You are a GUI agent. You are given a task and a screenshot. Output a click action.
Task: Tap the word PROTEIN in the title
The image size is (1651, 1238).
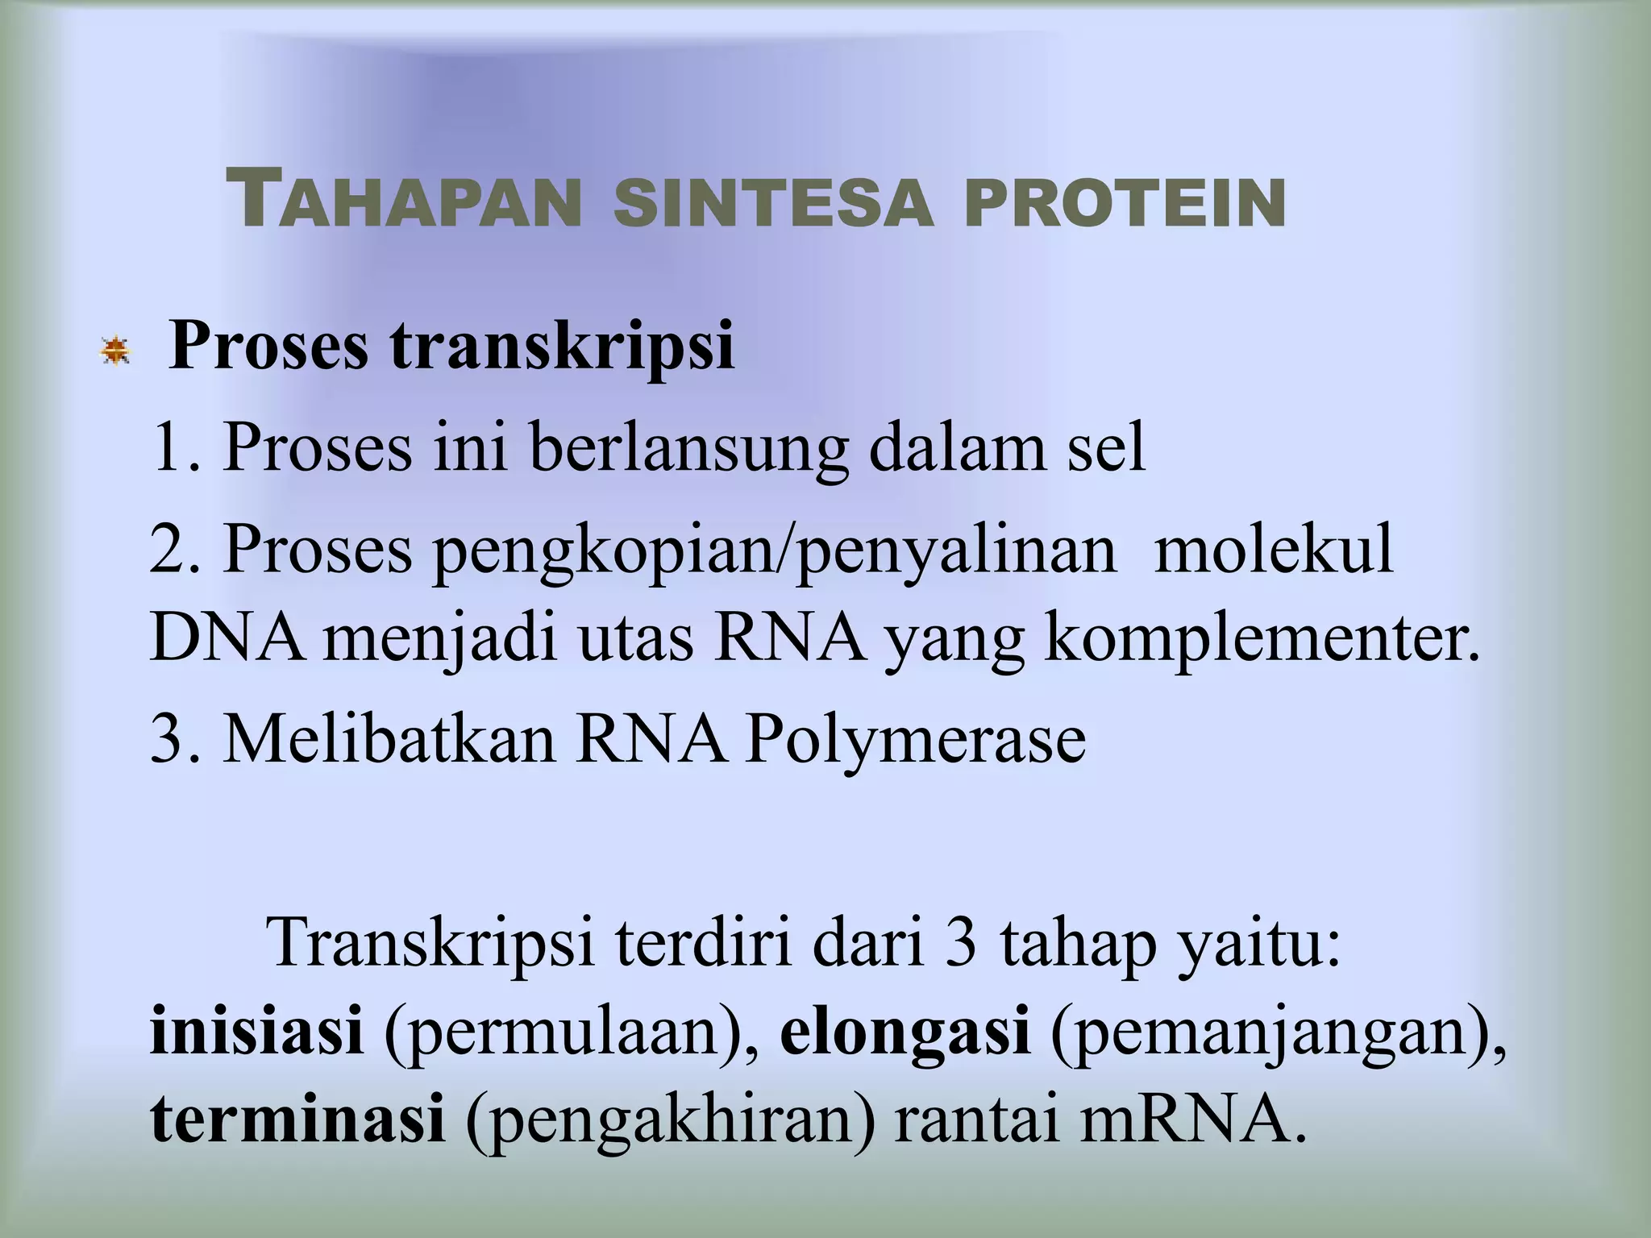(1125, 204)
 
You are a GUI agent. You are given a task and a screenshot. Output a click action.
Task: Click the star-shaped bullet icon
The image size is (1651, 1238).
(115, 351)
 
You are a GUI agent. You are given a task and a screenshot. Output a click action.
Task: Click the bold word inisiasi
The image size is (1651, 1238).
(256, 1033)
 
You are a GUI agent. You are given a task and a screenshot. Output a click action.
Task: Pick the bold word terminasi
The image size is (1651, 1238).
(297, 1122)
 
